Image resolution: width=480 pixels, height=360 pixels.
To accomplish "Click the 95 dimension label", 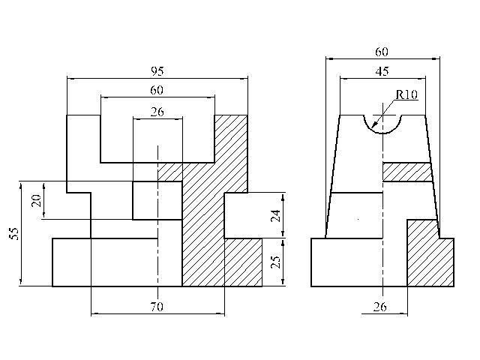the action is (157, 71).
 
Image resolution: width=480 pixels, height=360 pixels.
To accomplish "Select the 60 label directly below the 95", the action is (157, 90).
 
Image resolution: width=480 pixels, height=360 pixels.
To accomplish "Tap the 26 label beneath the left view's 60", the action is (157, 112).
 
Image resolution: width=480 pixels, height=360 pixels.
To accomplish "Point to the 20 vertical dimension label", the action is (37, 200).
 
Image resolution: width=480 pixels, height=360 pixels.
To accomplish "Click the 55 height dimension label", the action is (13, 233).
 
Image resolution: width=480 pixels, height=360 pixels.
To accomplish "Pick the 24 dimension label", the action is (276, 215).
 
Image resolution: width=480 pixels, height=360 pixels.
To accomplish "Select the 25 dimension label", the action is (276, 262).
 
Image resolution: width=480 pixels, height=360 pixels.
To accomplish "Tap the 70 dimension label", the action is (157, 307).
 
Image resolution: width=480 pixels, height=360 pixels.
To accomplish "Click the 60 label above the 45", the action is (382, 52).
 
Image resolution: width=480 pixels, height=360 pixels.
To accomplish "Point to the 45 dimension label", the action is (382, 71).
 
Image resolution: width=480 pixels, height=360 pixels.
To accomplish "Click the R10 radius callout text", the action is (406, 94).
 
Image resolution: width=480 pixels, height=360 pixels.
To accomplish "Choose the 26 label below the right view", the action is (380, 307).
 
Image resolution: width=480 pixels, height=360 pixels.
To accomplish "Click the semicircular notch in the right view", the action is (382, 133).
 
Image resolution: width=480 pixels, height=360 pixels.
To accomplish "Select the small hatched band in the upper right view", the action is (407, 172).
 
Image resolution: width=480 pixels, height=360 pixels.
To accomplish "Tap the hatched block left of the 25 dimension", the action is (243, 262).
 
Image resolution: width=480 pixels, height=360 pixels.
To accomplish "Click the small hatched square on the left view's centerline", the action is (170, 172).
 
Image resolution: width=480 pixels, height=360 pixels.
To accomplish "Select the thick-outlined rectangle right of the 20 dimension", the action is (157, 200).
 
